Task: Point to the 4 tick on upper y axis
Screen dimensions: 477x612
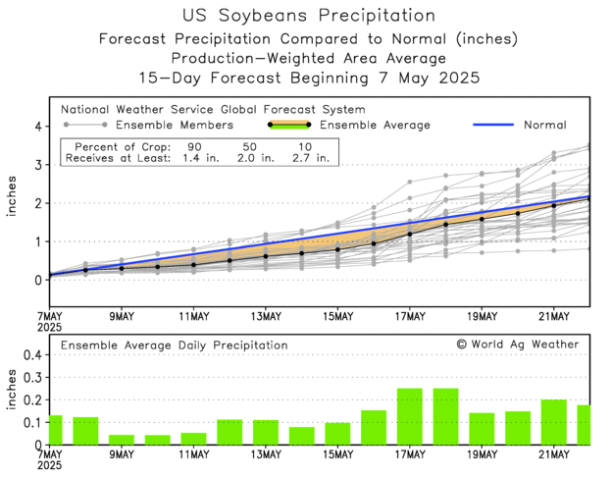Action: (x=37, y=127)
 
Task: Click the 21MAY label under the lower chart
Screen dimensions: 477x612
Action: (x=554, y=456)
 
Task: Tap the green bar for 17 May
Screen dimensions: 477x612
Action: (x=410, y=416)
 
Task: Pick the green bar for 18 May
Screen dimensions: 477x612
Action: (x=446, y=416)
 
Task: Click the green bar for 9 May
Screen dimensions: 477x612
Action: (x=122, y=440)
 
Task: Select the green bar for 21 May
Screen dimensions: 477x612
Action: (x=554, y=422)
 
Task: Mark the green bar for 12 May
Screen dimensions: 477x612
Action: (x=229, y=432)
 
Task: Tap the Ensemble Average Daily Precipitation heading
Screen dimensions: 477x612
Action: (x=175, y=345)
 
